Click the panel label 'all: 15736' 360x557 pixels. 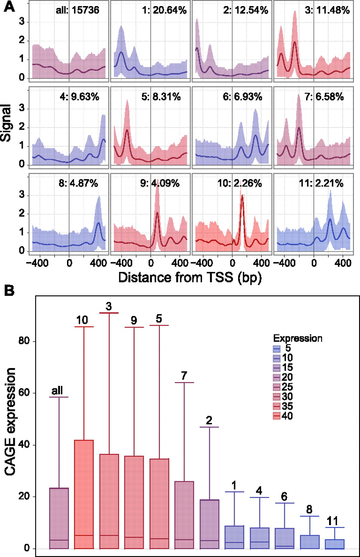(x=80, y=10)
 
